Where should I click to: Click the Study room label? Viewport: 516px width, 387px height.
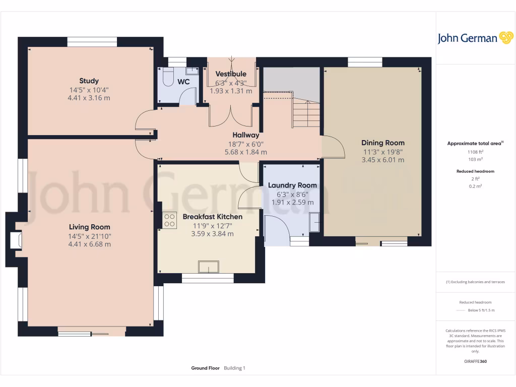[89, 81]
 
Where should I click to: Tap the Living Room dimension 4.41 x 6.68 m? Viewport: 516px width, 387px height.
[89, 244]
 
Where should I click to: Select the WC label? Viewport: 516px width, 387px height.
[183, 81]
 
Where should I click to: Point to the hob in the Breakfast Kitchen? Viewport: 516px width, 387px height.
[169, 220]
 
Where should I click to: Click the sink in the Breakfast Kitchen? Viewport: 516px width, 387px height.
[208, 267]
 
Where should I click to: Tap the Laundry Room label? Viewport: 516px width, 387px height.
[292, 185]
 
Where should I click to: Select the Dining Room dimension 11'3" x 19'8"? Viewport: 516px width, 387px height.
[382, 151]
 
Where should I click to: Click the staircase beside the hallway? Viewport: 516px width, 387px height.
[305, 113]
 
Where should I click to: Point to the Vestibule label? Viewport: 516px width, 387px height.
[231, 74]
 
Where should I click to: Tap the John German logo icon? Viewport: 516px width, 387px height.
[505, 38]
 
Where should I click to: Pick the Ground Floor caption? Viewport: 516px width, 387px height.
[205, 368]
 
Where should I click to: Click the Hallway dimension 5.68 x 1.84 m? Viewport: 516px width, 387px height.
[246, 152]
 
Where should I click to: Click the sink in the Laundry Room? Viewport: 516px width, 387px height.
[315, 222]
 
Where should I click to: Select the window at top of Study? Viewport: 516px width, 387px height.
[92, 42]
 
